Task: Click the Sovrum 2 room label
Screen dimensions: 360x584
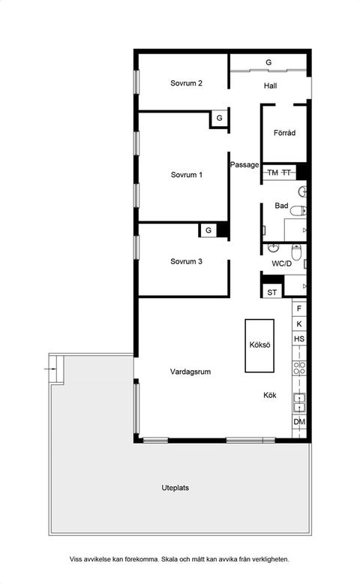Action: click(186, 83)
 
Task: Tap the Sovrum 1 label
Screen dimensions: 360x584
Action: click(187, 175)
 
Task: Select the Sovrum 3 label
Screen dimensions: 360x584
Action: click(186, 261)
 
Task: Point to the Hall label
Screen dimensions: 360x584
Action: click(270, 86)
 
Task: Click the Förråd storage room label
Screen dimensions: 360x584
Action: click(284, 133)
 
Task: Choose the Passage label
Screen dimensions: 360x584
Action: click(244, 164)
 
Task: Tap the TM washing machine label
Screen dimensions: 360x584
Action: click(272, 173)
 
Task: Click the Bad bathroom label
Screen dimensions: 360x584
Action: click(281, 205)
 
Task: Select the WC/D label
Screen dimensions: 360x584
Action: click(282, 263)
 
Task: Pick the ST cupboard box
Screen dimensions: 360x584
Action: click(272, 292)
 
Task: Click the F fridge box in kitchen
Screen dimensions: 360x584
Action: click(299, 309)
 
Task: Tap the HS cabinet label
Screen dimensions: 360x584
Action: click(299, 339)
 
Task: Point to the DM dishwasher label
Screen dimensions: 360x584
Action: click(299, 422)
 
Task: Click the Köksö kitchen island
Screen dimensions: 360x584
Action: click(259, 345)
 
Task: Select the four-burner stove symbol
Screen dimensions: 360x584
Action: click(299, 368)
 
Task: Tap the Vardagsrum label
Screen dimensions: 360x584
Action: click(190, 372)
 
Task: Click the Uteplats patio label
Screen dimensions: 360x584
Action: click(175, 488)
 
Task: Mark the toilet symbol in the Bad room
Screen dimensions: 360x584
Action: click(298, 211)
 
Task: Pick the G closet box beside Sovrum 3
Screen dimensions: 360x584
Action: click(208, 230)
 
